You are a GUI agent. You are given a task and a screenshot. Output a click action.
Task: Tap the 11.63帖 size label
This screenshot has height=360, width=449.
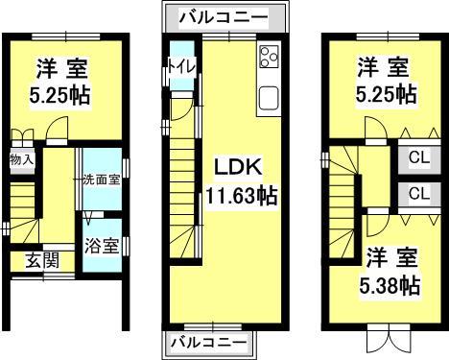(241, 197)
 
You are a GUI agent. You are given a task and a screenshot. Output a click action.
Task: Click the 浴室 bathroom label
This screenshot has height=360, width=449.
(101, 246)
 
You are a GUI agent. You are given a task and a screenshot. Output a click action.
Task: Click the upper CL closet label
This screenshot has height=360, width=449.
(419, 156)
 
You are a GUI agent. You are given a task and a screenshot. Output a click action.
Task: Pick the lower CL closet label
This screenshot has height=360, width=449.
(419, 193)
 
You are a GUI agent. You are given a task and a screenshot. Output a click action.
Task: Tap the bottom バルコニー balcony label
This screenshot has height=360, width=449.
(210, 342)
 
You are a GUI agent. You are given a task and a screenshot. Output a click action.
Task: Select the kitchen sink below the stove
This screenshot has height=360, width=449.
(268, 97)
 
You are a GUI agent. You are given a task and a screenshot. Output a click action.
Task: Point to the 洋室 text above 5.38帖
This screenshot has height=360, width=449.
(389, 256)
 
